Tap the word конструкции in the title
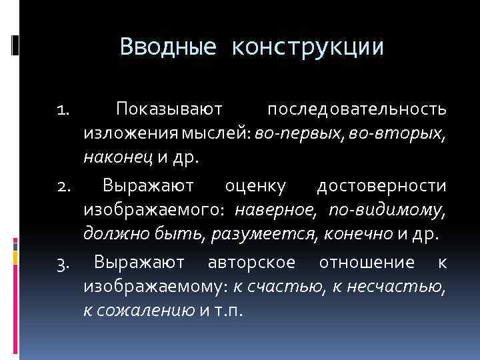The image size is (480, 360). click(x=308, y=47)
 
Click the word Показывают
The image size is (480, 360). click(x=173, y=108)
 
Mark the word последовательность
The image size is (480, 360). click(x=357, y=108)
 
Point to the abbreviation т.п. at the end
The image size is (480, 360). click(x=231, y=312)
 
